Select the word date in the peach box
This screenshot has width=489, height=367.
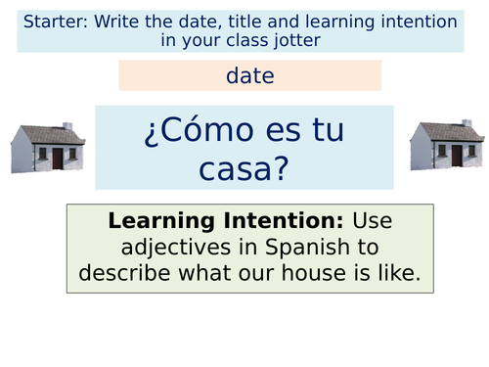[x=249, y=74]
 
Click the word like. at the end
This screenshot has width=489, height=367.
[x=396, y=274]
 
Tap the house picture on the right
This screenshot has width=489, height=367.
[x=448, y=145]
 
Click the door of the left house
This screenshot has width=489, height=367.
[x=57, y=158]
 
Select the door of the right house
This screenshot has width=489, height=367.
[x=458, y=156]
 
